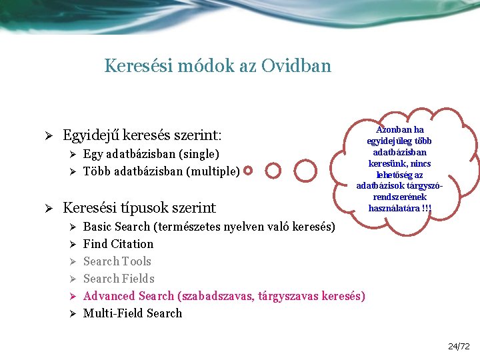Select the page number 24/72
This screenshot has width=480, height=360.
click(459, 346)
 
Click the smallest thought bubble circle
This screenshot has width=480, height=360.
click(248, 171)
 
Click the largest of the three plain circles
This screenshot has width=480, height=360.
click(306, 171)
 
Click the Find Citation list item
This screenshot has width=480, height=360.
click(118, 244)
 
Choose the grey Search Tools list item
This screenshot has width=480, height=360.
click(117, 261)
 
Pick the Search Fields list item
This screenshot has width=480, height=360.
click(119, 279)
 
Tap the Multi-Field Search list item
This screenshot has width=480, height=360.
click(132, 313)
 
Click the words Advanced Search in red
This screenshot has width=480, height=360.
click(128, 296)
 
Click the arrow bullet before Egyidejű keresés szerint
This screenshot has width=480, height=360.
click(48, 136)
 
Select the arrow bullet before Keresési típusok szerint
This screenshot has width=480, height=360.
click(48, 208)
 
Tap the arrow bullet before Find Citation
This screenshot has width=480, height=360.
click(73, 244)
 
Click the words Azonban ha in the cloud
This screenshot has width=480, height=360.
click(399, 129)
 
